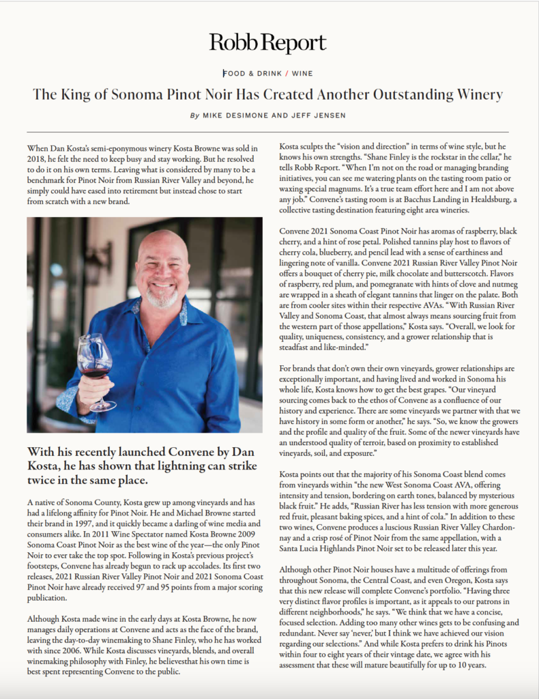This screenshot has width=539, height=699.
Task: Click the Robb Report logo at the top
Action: tap(268, 44)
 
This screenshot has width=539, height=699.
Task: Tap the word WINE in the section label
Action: tap(302, 73)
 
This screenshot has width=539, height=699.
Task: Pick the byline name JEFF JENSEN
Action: tap(321, 116)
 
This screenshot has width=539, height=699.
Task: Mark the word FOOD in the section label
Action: tap(235, 73)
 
